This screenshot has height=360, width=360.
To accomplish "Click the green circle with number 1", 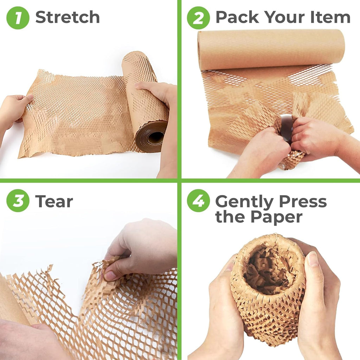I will coord(18,18).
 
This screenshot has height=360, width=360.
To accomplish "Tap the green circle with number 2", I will coord(198,18).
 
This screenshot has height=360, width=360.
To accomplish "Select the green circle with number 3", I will coord(18,201).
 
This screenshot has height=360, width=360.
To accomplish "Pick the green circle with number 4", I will coord(198,201).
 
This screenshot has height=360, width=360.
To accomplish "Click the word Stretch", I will coord(67,17).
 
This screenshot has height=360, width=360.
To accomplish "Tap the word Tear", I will coord(54,201).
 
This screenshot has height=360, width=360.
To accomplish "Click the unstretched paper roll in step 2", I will coord(271,49).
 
